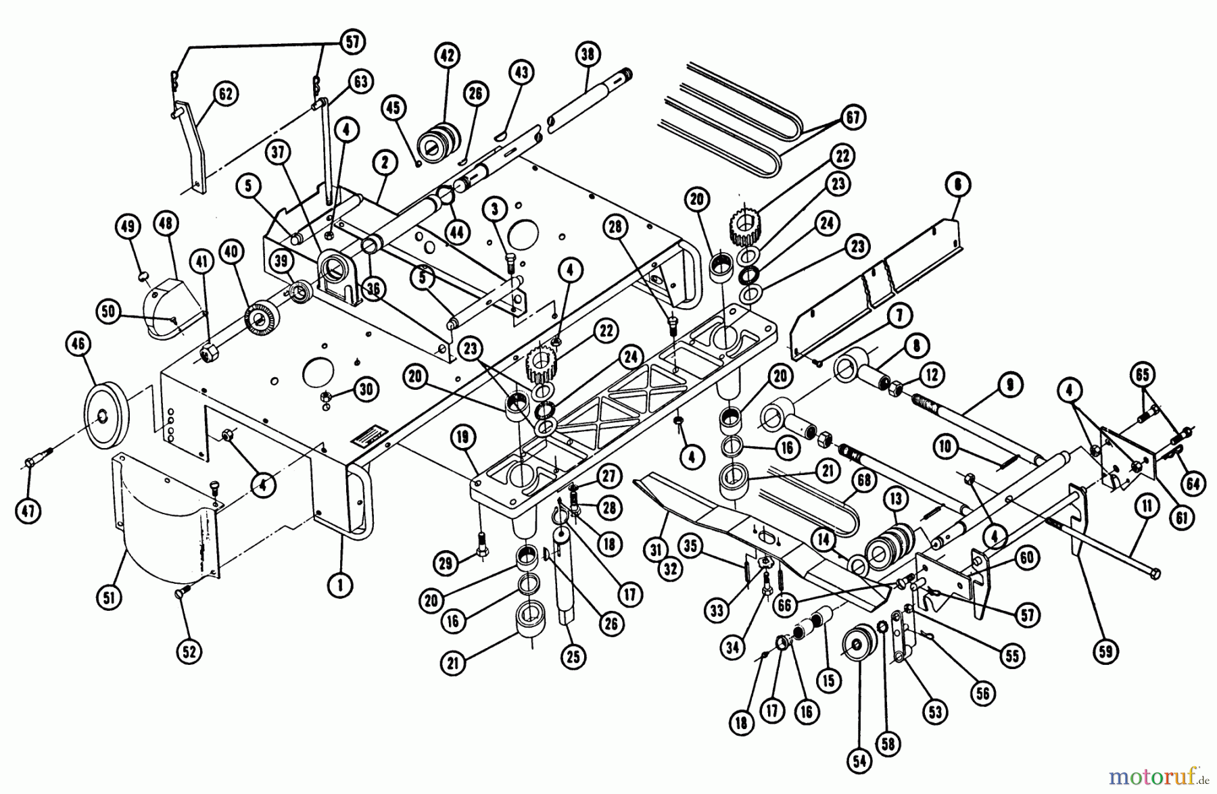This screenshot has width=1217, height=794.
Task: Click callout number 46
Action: (78, 345)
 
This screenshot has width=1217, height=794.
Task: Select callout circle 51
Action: (110, 597)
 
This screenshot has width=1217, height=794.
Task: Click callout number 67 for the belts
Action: (853, 118)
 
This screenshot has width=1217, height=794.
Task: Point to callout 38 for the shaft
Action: (587, 54)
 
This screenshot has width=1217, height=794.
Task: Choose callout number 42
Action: (447, 55)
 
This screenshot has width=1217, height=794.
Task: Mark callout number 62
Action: (225, 94)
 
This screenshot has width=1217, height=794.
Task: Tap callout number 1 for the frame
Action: (340, 584)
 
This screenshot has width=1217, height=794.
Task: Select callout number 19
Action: (462, 437)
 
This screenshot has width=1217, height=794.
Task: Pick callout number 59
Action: (1106, 651)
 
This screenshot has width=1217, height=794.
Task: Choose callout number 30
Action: (366, 389)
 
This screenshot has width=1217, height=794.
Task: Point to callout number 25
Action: (573, 656)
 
